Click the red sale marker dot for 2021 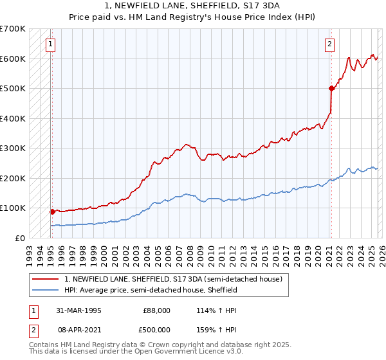tap(331, 88)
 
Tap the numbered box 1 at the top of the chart tap(50, 44)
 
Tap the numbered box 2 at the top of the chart tap(329, 44)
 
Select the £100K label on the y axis tap(13, 208)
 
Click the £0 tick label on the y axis tap(19, 238)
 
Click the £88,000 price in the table tap(157, 310)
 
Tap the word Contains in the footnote tap(45, 345)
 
